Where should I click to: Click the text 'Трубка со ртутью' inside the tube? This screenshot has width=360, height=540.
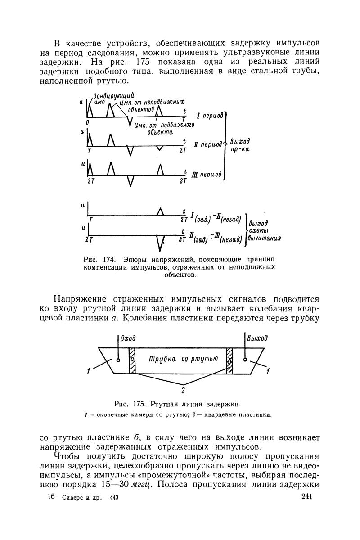tap(183, 359)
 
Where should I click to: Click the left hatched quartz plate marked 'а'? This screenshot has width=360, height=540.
tap(132, 360)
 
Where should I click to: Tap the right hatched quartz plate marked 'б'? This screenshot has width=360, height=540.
tap(230, 360)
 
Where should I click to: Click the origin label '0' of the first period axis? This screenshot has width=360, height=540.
tap(88, 122)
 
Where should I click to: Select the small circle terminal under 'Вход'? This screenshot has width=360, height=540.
tap(118, 360)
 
